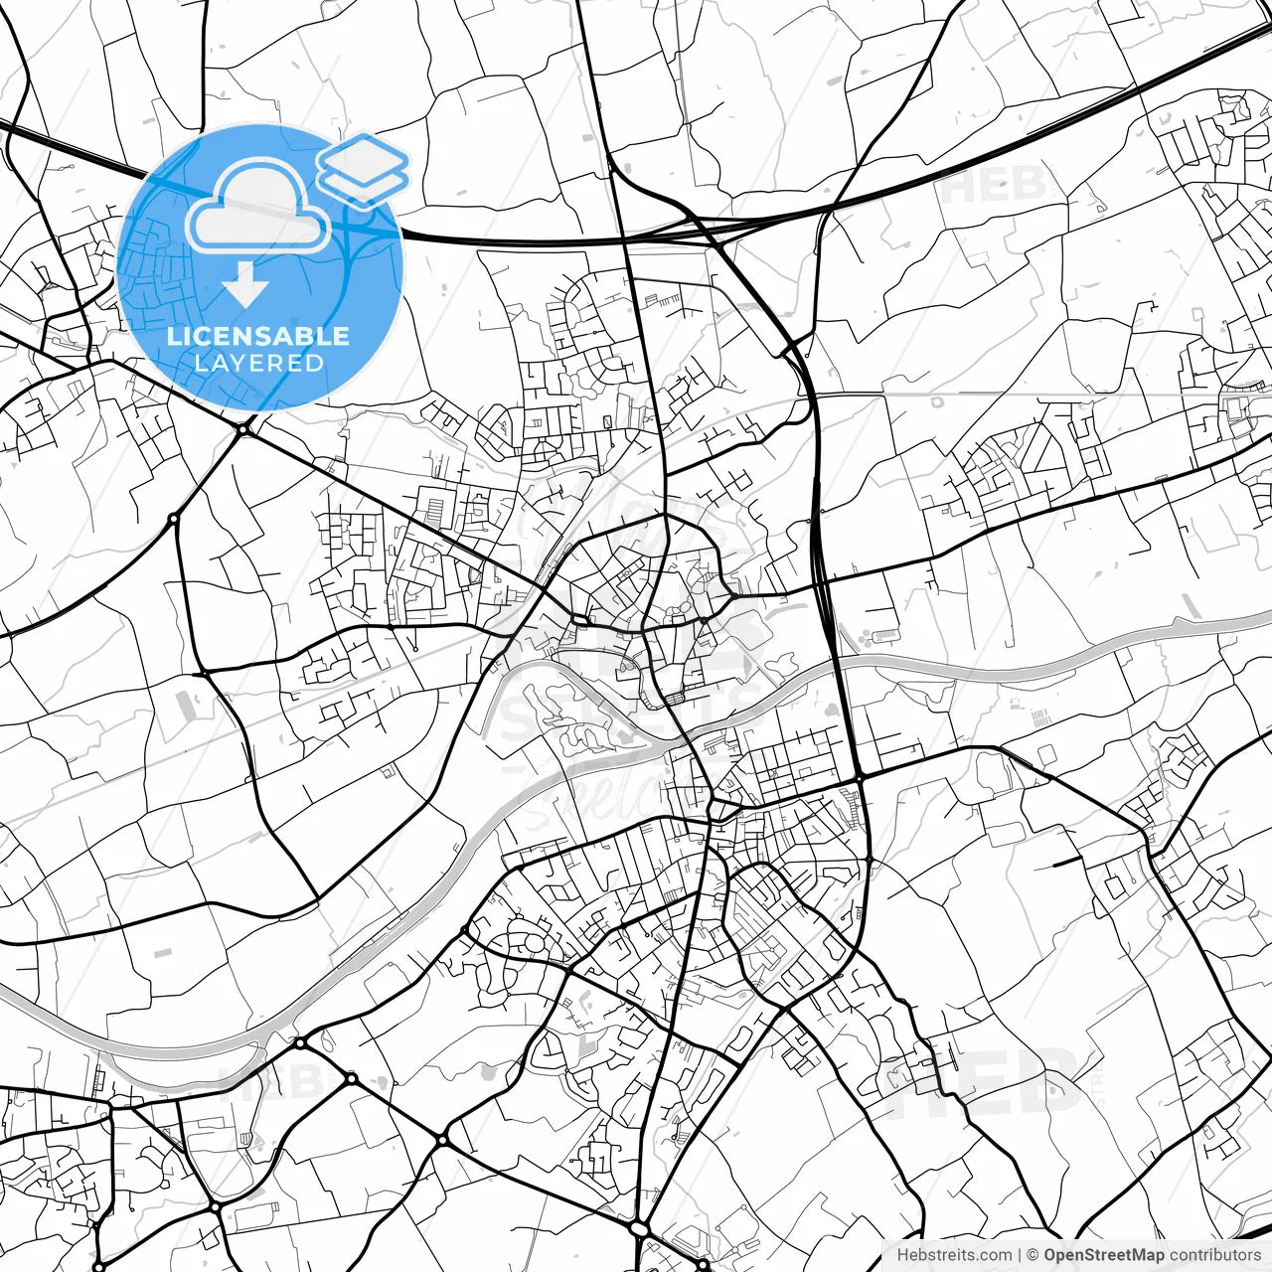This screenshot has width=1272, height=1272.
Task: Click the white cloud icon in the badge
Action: tap(258, 209)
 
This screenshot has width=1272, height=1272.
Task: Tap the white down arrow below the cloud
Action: tap(245, 284)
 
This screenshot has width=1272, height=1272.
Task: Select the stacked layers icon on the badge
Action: tap(363, 169)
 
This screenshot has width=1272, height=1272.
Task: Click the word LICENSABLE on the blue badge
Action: tap(258, 336)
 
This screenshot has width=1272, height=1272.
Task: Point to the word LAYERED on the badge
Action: tap(258, 363)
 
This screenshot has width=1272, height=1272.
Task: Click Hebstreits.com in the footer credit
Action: tap(955, 1255)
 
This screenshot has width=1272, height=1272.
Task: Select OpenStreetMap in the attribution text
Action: tap(1103, 1255)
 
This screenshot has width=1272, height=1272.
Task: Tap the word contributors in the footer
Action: tap(1214, 1255)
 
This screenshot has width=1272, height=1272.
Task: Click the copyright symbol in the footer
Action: tap(1033, 1255)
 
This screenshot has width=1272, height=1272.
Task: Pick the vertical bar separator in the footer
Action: tap(1020, 1255)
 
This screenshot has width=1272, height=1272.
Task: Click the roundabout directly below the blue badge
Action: tap(243, 429)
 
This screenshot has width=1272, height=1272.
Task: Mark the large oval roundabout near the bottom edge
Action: tap(640, 1230)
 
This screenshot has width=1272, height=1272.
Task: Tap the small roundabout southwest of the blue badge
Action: tap(174, 518)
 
